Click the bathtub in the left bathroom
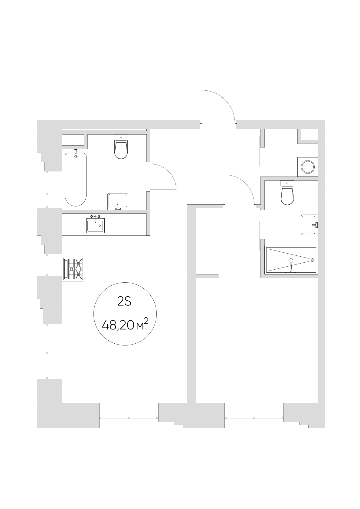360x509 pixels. tap(75, 179)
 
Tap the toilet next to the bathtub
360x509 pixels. tap(121, 147)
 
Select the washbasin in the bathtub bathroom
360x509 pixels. tap(118, 201)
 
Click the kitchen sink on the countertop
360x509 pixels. tap(95, 225)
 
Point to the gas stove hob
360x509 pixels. tap(73, 269)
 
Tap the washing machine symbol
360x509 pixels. tap(307, 167)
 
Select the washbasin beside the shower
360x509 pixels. tap(309, 225)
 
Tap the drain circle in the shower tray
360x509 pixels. tap(312, 260)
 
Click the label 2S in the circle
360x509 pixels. tap(124, 302)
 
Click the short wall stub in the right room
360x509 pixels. tap(207, 276)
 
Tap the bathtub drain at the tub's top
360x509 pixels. tap(76, 156)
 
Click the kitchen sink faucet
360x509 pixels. tap(95, 217)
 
